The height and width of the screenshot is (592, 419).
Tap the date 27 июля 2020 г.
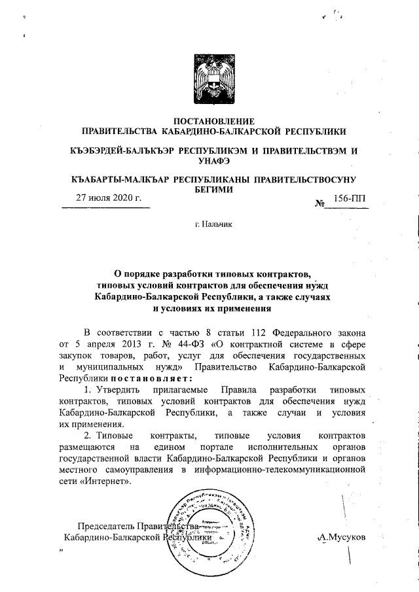(x=106, y=199)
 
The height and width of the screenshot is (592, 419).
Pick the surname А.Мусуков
(x=341, y=536)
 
